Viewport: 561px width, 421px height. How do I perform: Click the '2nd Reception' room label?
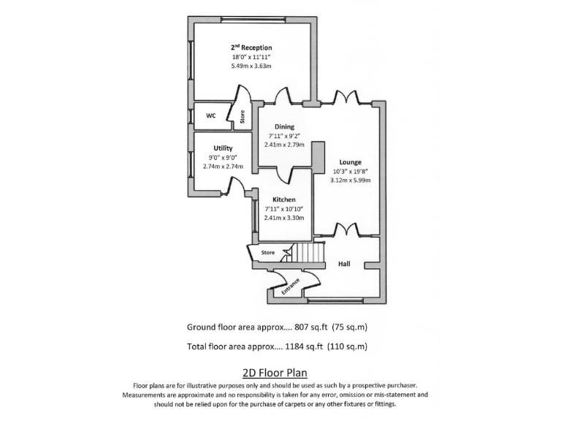coord(251,48)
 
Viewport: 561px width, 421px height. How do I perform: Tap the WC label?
coord(210,115)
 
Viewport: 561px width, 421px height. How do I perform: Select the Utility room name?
coord(223,148)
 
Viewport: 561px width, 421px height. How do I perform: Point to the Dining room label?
coord(285,126)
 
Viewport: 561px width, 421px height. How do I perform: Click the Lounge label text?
coord(350,162)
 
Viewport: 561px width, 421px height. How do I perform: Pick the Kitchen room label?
coord(284,200)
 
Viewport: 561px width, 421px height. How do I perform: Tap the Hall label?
coord(346,264)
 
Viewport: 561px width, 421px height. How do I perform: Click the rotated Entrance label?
coord(291,285)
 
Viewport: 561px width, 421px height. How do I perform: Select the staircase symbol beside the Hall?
coord(306,253)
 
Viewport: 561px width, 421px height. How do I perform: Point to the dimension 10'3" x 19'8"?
coord(351,171)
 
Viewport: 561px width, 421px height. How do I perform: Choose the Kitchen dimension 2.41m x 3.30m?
coord(284,217)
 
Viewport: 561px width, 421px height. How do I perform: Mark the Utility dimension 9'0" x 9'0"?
coord(223,157)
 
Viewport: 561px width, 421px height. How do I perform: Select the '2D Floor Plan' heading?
coord(280,372)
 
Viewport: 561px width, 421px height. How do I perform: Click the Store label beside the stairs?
coord(269,253)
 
